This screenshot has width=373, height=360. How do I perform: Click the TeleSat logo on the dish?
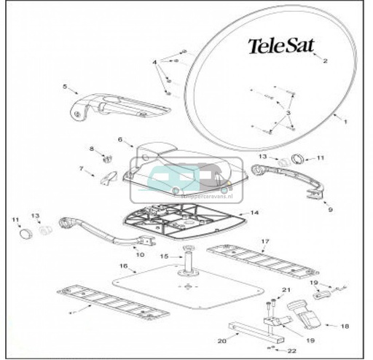point(281,46)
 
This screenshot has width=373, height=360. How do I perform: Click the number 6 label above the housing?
point(120,138)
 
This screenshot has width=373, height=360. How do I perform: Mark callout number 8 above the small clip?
point(92,149)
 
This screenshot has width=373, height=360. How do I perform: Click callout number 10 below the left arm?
point(141,255)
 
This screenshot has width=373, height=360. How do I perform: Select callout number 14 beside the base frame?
point(254,213)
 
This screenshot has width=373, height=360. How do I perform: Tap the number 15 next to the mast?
point(164,256)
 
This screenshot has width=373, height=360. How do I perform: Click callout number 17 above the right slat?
point(265,241)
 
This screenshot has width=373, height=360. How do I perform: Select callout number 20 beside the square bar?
point(221,340)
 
